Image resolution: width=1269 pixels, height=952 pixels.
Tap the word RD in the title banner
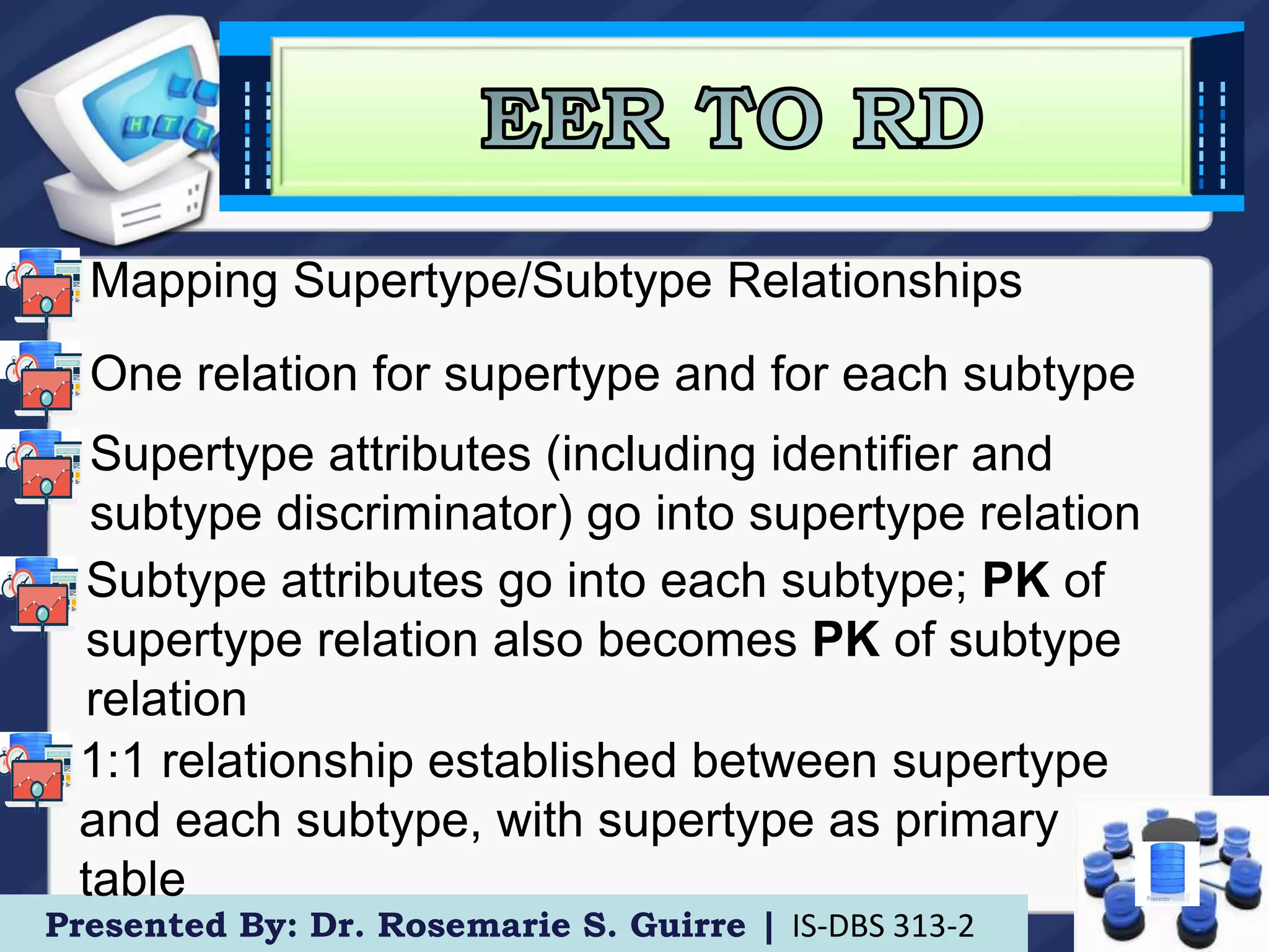coord(917,118)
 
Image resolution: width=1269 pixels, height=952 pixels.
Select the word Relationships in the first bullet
coord(874,281)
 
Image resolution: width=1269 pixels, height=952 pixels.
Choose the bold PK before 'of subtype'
coord(845,640)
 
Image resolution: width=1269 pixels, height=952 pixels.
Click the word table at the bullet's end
coord(133,879)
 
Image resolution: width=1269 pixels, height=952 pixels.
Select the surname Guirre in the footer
coord(688,926)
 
